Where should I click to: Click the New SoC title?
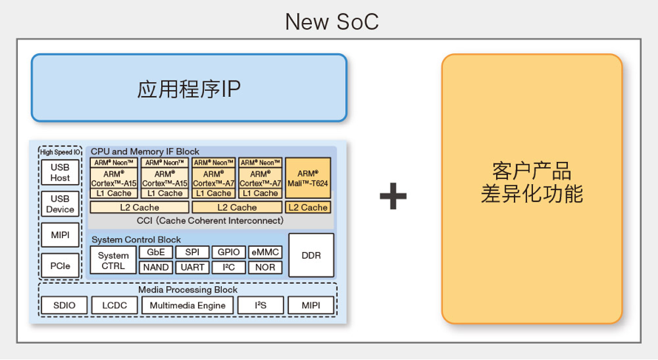click(x=331, y=22)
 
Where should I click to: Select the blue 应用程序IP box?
click(x=189, y=88)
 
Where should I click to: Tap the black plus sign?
click(x=393, y=196)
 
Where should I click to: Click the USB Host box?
click(x=60, y=172)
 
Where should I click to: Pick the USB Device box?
click(x=60, y=204)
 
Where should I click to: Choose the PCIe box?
click(x=60, y=265)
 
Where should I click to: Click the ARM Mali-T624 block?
click(x=308, y=178)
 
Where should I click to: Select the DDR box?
click(x=311, y=255)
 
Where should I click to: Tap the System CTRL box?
click(x=113, y=260)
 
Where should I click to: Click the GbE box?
click(x=156, y=252)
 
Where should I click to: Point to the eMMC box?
click(x=265, y=252)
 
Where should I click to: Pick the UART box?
click(x=192, y=268)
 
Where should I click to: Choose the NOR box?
click(x=265, y=268)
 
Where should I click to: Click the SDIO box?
click(x=64, y=305)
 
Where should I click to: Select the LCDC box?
click(x=115, y=305)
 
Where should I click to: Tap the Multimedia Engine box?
click(x=188, y=305)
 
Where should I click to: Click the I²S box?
click(x=260, y=305)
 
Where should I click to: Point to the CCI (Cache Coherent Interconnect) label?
click(x=210, y=221)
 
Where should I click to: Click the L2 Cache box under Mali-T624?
click(x=308, y=207)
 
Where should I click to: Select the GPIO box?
click(x=228, y=252)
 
